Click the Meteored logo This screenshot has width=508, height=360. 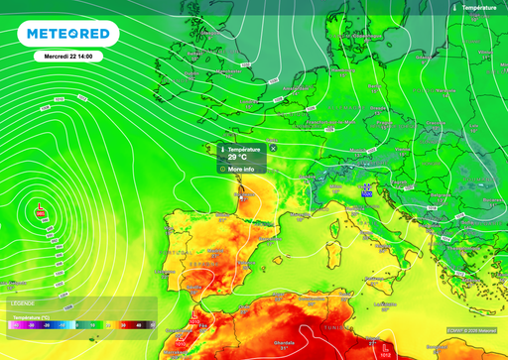click(68, 35)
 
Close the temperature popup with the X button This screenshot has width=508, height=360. click(273, 148)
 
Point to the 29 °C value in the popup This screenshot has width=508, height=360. click(238, 157)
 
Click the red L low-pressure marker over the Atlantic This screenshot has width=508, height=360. click(40, 210)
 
